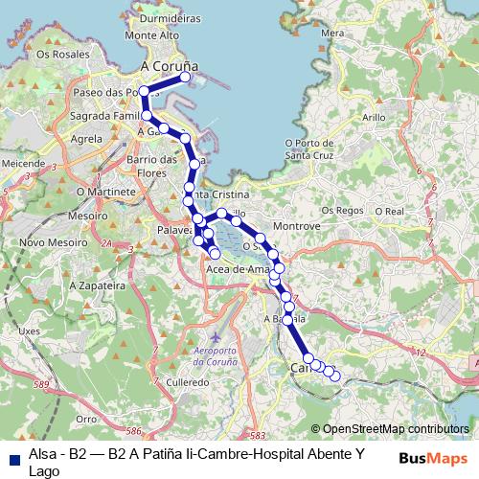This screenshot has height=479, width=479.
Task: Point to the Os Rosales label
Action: [55, 55]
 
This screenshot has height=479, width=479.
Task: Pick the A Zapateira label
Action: [102, 285]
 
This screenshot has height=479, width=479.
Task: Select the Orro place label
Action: [86, 419]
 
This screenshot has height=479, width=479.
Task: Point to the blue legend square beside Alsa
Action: [13, 458]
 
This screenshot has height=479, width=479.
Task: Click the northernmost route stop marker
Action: [187, 78]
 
